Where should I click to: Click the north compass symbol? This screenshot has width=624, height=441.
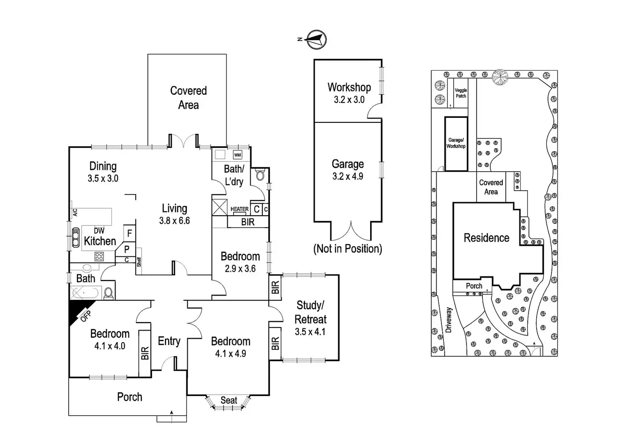pyautogui.click(x=316, y=39)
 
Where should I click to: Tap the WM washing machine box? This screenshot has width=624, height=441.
pyautogui.click(x=237, y=155)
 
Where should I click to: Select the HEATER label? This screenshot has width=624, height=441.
pyautogui.click(x=240, y=209)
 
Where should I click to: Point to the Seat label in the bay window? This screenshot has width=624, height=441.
pyautogui.click(x=229, y=400)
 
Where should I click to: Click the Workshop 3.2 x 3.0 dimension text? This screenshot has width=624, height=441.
pyautogui.click(x=349, y=100)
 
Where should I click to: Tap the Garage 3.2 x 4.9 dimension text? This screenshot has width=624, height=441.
pyautogui.click(x=348, y=176)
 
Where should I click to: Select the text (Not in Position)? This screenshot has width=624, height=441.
pyautogui.click(x=348, y=249)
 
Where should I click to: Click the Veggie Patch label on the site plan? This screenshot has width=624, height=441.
pyautogui.click(x=461, y=93)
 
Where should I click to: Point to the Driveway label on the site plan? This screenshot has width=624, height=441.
pyautogui.click(x=449, y=320)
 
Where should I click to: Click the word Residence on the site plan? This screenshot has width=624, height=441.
pyautogui.click(x=486, y=238)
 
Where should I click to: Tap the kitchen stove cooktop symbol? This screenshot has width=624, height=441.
pyautogui.click(x=99, y=256)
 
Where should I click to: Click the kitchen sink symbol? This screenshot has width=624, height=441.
pyautogui.click(x=75, y=237)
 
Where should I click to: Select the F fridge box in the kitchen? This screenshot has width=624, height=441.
pyautogui.click(x=129, y=233)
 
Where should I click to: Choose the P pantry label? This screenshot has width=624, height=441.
pyautogui.click(x=126, y=250)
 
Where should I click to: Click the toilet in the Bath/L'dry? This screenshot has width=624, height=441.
pyautogui.click(x=260, y=175)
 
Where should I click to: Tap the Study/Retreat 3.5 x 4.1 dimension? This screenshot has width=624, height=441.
pyautogui.click(x=310, y=332)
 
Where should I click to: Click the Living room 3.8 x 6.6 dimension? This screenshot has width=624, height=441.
pyautogui.click(x=174, y=221)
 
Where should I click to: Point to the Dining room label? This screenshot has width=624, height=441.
pyautogui.click(x=103, y=166)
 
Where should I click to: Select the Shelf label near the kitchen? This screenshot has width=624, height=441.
pyautogui.click(x=139, y=262)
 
